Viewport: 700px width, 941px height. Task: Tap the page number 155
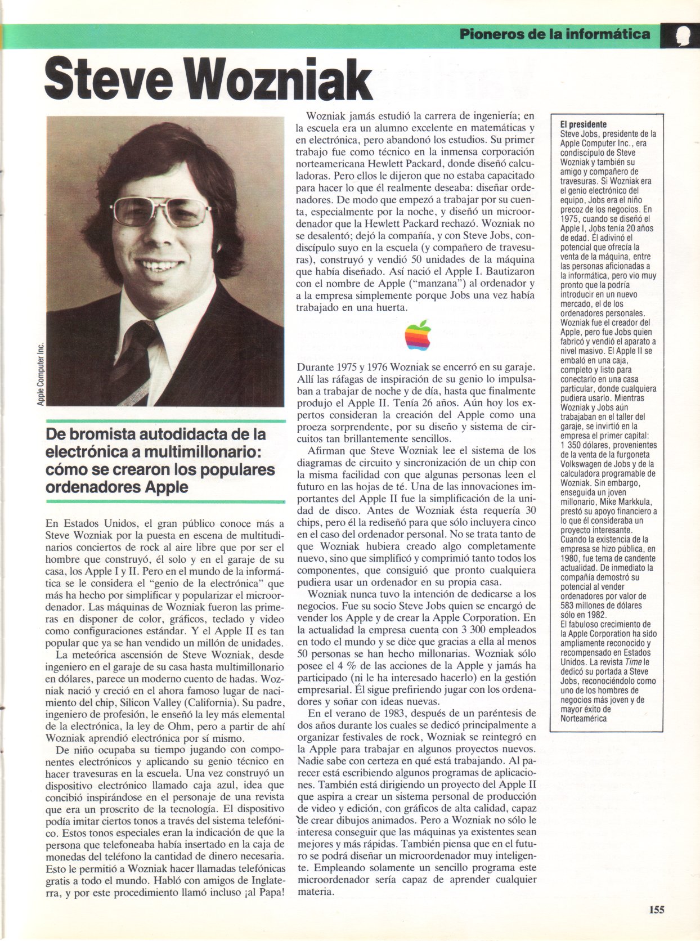click(x=656, y=909)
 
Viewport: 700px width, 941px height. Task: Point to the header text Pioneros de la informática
click(x=555, y=34)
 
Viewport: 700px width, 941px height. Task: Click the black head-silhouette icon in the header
click(x=679, y=35)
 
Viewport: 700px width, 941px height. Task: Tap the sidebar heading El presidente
click(x=584, y=124)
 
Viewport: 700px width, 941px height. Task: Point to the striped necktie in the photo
click(x=131, y=360)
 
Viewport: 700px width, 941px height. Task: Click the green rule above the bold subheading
click(x=165, y=420)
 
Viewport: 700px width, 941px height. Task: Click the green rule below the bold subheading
click(x=165, y=501)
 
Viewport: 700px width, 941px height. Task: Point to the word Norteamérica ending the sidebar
click(x=584, y=718)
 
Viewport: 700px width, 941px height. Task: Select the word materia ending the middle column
click(x=316, y=891)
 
